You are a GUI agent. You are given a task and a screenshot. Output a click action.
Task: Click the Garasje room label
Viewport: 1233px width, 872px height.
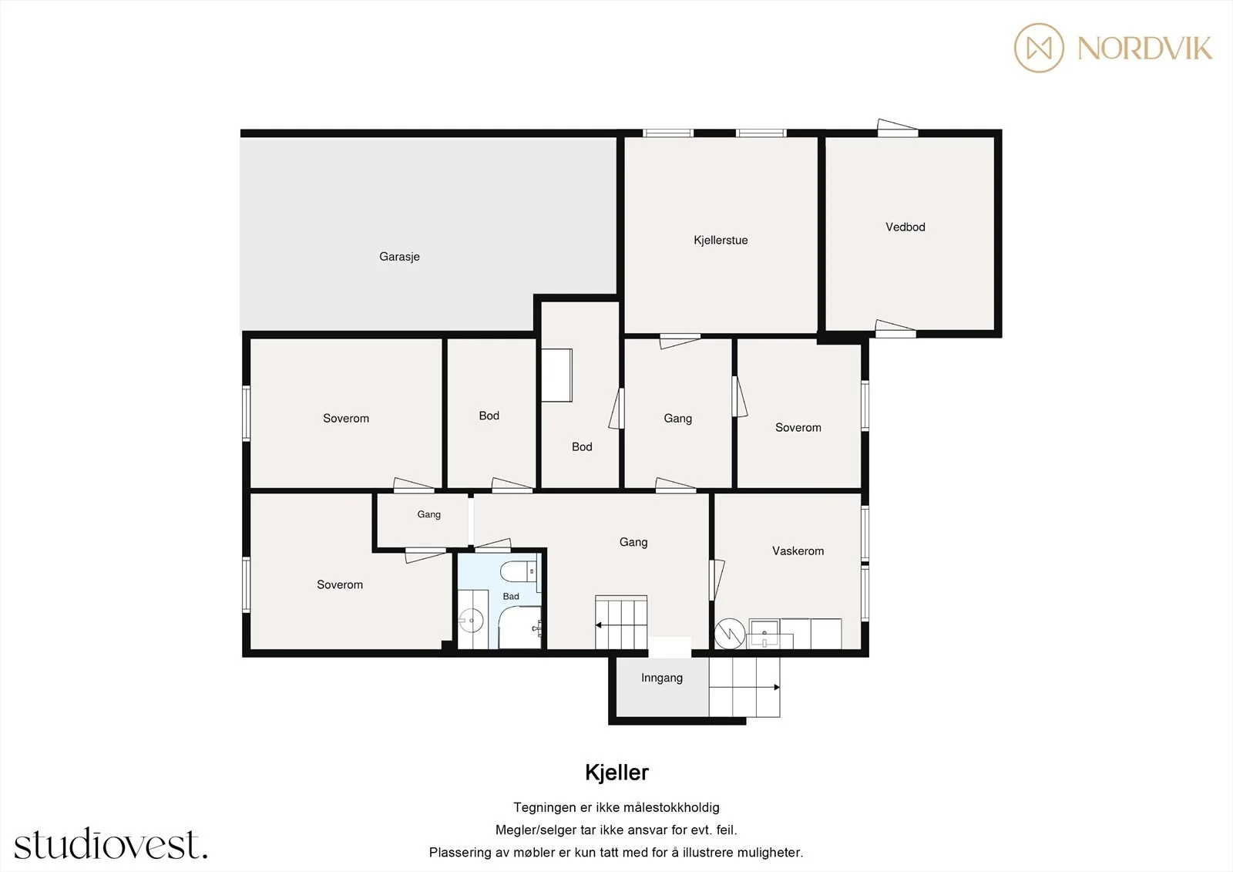399,257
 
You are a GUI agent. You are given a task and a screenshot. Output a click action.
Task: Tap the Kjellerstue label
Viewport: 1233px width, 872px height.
721,241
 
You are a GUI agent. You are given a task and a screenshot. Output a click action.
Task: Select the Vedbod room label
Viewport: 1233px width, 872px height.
905,227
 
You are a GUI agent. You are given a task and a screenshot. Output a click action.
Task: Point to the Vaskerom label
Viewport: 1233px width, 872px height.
798,550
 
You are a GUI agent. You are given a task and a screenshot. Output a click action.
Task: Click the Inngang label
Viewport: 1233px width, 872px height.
662,678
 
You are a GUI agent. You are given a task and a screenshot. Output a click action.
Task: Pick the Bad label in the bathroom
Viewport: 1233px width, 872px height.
511,596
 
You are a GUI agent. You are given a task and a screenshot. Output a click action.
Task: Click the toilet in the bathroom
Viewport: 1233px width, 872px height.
518,571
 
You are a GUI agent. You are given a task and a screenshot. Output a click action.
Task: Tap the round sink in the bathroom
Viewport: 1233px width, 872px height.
471,621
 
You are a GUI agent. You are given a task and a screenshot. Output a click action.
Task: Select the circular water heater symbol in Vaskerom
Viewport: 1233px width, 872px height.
730,634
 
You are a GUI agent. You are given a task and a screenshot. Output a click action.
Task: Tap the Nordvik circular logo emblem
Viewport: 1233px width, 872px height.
1040,48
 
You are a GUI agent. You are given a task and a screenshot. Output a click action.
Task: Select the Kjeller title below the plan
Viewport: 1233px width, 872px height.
616,773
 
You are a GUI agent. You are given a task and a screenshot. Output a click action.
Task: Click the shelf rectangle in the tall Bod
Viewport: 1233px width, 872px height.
556,375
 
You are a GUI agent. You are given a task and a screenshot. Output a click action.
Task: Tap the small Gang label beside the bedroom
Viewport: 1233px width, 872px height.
428,514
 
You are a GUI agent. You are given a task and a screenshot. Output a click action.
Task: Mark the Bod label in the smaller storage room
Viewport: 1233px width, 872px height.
489,416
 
